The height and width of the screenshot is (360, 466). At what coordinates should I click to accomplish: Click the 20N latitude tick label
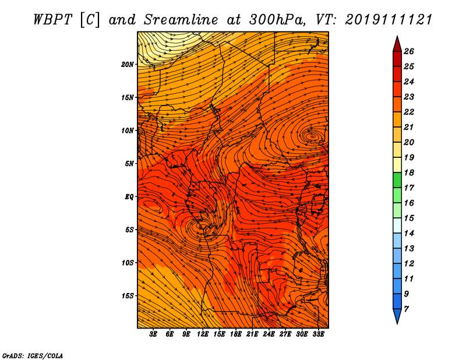128,65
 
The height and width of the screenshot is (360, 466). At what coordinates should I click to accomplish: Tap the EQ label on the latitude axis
129,197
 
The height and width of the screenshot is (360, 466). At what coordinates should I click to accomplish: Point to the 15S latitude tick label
128,296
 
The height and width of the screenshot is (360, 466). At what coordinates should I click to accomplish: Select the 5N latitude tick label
129,164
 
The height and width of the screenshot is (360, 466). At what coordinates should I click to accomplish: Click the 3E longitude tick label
153,334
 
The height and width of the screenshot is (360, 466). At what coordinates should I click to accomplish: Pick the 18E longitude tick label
236,334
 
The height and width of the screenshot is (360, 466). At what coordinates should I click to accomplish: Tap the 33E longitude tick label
318,334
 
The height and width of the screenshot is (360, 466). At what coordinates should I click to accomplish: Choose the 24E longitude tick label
269,334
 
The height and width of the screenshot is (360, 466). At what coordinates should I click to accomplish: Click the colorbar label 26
409,51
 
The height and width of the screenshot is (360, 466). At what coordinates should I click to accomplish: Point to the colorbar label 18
409,172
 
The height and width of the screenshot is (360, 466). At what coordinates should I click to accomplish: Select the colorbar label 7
406,309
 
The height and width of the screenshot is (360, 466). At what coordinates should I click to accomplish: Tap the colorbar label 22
409,112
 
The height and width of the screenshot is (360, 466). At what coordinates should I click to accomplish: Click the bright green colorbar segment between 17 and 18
397,180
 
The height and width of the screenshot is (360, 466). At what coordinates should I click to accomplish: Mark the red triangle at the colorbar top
397,45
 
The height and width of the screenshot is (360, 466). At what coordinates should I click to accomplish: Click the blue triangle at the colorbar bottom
397,315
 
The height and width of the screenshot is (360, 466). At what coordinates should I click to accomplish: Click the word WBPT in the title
52,20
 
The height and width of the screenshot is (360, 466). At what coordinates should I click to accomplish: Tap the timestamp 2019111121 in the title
389,20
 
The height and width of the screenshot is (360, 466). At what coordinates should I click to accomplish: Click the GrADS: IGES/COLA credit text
33,355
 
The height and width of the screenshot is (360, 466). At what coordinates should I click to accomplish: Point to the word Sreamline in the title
181,20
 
